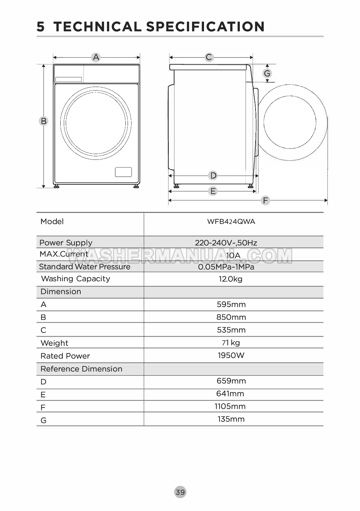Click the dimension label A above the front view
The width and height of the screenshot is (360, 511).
point(96,57)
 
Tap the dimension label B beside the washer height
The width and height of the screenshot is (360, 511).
point(44,121)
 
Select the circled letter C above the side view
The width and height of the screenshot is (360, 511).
point(209,57)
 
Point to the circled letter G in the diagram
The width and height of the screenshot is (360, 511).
point(267,73)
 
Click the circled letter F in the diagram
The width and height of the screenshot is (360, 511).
point(265,200)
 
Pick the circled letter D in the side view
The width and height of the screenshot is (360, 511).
point(213,176)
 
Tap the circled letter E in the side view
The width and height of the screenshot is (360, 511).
point(213,191)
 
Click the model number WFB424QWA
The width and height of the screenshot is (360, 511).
point(231,222)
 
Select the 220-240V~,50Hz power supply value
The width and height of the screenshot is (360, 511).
point(226,243)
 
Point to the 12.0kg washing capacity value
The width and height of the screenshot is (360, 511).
point(230,279)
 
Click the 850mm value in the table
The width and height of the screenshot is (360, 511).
point(231,317)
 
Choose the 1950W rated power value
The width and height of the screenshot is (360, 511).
point(231,355)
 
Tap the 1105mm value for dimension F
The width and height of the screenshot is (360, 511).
point(230,406)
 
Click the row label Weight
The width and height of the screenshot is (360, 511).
point(54,343)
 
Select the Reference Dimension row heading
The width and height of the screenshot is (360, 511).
point(81,369)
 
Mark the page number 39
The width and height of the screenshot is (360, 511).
point(180,492)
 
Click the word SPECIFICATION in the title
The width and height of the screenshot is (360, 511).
point(205,26)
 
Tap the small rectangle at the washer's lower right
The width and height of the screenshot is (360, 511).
point(123,172)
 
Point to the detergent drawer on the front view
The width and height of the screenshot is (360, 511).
point(69,79)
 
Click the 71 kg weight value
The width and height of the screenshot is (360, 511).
point(231,343)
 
